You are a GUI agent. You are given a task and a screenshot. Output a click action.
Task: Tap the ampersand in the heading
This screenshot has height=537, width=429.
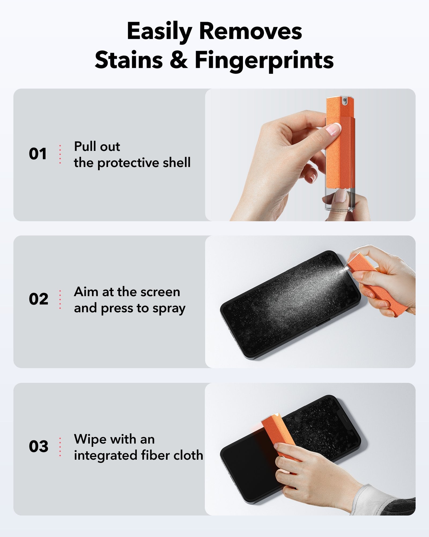click(x=179, y=60)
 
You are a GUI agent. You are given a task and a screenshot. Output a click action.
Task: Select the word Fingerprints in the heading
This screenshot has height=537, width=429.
click(x=264, y=60)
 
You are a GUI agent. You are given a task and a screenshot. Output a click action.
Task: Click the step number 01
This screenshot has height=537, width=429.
click(x=38, y=154)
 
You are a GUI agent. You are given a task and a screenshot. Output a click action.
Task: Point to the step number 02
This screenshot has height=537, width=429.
click(x=38, y=299)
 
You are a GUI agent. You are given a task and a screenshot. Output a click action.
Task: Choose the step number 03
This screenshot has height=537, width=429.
click(x=38, y=447)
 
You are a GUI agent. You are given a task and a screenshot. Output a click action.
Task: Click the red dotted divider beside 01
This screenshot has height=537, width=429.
click(x=60, y=154)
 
